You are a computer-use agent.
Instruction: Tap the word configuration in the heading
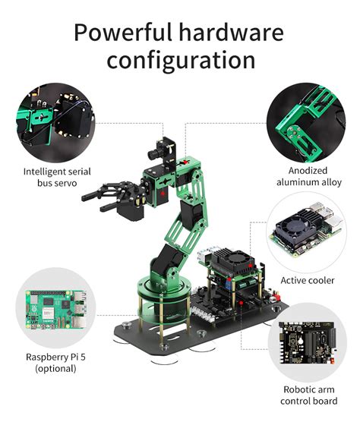(x=181, y=61)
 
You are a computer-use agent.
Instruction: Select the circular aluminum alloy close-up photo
(x=309, y=123)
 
